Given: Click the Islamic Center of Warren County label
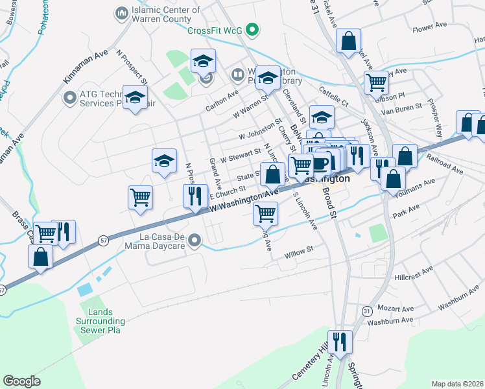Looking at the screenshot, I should pos(165,14).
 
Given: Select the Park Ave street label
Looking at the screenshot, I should pos(411,211).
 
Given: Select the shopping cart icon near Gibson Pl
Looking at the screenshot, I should pos(376,82).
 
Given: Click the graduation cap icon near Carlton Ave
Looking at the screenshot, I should pos(203,62).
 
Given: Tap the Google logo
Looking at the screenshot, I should pos(21,381).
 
